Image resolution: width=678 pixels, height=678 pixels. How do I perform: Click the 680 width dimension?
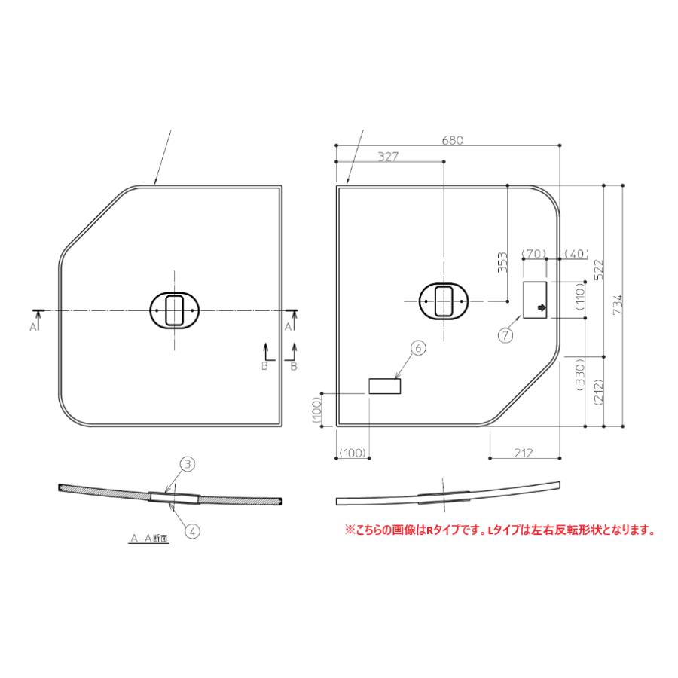450,139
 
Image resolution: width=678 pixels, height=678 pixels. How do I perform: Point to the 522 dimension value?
599,270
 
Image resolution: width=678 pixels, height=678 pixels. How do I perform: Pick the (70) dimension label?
533,253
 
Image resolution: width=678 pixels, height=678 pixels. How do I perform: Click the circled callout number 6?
420,347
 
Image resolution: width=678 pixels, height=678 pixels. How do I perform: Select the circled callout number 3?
188,465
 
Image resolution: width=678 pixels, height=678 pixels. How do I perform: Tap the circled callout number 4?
193,530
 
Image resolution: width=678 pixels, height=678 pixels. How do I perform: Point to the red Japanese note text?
499,530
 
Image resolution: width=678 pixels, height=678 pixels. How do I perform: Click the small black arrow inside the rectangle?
541,307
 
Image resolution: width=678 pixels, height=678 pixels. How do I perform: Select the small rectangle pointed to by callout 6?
384,386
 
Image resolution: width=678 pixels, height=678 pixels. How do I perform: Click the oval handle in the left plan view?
175,310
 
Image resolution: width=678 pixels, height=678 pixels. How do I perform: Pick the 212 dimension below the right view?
524,453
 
